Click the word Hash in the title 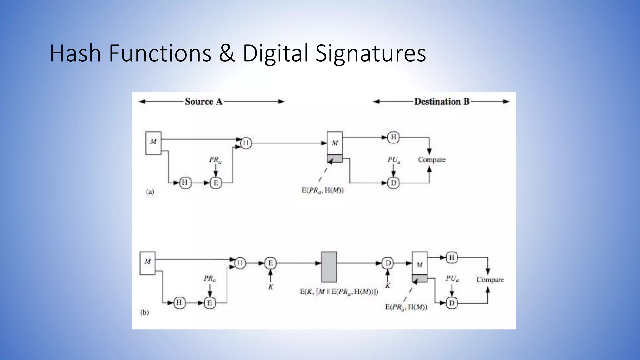(x=75, y=53)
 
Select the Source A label (x=203, y=102)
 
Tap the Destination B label (x=442, y=102)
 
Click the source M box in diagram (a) (x=153, y=143)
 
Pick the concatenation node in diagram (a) (x=246, y=143)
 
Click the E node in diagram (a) (x=216, y=182)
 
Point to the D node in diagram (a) (x=393, y=183)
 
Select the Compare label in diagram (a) (x=432, y=160)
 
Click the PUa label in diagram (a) (x=394, y=160)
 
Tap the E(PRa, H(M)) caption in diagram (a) (x=322, y=190)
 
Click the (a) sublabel (x=150, y=192)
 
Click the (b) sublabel (x=144, y=312)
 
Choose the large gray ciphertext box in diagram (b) (x=329, y=267)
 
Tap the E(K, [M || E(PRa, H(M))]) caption (x=339, y=292)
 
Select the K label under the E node (x=271, y=287)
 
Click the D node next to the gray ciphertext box (x=388, y=263)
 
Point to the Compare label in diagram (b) (x=490, y=280)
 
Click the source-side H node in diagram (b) (x=179, y=302)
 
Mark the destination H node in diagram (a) (x=393, y=137)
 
